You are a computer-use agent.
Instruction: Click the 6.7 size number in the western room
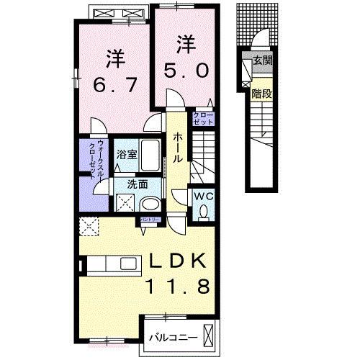(x=112, y=84)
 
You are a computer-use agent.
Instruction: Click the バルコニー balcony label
(x=169, y=336)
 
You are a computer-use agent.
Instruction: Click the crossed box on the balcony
(x=209, y=336)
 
